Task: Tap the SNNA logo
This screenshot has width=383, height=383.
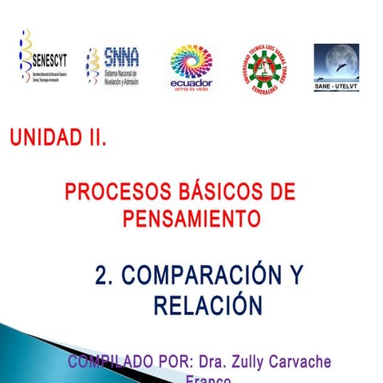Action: click(x=113, y=65)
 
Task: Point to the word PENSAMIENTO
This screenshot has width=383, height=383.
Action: click(x=192, y=218)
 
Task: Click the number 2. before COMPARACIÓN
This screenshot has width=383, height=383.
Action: click(x=103, y=276)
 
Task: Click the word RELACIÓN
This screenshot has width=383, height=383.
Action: click(x=207, y=305)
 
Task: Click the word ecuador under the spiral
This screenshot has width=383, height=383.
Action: click(x=191, y=82)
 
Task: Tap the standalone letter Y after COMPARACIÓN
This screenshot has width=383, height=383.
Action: click(x=296, y=276)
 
